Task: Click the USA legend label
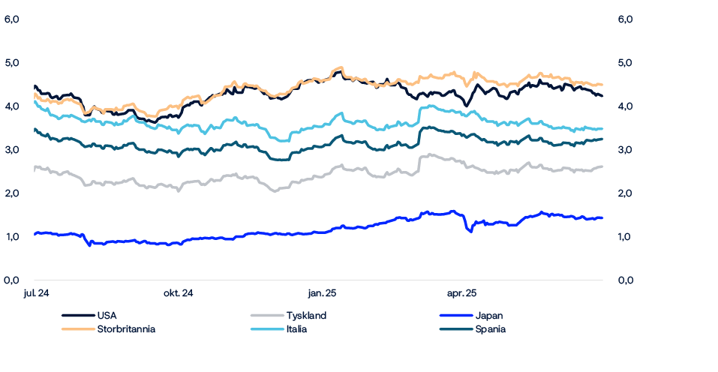click(x=107, y=316)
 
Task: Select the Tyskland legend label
click(x=306, y=316)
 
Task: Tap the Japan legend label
click(x=489, y=316)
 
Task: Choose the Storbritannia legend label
click(x=126, y=329)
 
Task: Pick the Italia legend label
click(x=296, y=329)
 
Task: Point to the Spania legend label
click(x=491, y=329)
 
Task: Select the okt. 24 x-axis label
click(x=179, y=293)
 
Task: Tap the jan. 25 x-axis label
click(x=322, y=293)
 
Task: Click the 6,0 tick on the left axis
click(x=11, y=19)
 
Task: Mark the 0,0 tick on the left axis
click(x=11, y=280)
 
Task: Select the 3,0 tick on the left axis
click(x=11, y=150)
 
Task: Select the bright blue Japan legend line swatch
click(x=458, y=316)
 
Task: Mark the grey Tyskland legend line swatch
click(x=266, y=316)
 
